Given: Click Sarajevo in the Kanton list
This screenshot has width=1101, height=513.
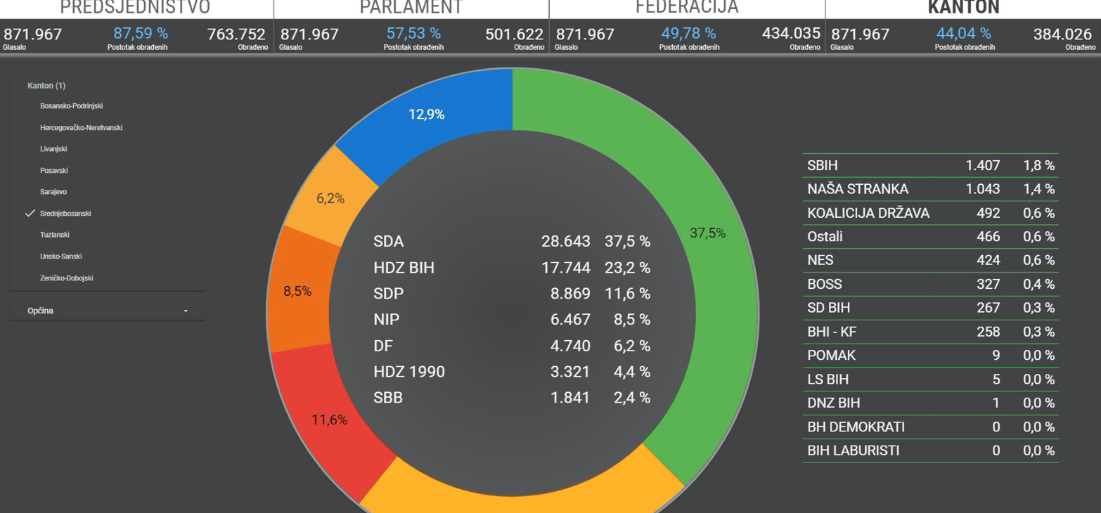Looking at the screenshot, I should [53, 192].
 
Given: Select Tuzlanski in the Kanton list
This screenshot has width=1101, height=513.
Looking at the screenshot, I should [54, 235].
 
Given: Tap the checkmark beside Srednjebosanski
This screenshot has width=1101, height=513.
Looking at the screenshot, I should [30, 214].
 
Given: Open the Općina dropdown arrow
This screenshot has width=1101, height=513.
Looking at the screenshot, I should [186, 311].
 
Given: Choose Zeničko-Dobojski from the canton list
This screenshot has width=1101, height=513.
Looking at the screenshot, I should [66, 278].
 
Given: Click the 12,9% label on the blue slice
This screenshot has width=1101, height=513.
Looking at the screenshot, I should [427, 115].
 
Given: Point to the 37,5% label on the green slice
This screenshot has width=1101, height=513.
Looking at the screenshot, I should [707, 234].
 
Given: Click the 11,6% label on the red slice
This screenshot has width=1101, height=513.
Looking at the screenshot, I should [330, 420].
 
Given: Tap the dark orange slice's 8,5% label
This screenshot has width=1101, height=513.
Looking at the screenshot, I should [297, 292].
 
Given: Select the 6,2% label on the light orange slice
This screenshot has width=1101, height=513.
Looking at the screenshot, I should [330, 199].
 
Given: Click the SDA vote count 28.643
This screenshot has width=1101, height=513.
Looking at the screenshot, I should [565, 242].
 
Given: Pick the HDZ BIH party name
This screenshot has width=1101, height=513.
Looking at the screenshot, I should [404, 268].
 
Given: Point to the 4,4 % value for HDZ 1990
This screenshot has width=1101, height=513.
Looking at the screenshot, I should [631, 372].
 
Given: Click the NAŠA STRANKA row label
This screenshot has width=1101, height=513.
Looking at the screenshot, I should [858, 189].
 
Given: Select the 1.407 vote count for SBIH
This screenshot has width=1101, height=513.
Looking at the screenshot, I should [982, 166].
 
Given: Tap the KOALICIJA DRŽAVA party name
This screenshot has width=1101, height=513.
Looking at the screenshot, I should [868, 213].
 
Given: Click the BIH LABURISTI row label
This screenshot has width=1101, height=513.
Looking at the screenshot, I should [853, 450].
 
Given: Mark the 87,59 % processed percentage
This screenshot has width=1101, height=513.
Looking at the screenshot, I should [141, 34].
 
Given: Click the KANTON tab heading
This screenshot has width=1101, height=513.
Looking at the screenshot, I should [963, 8].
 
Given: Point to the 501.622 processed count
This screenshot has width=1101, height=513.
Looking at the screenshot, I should [514, 34].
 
